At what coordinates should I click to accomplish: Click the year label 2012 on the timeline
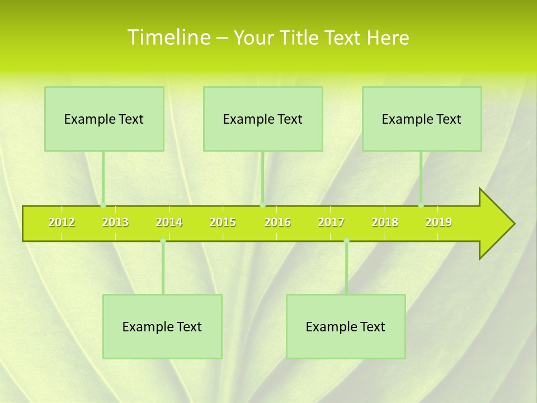62,223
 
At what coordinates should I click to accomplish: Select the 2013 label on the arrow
115,223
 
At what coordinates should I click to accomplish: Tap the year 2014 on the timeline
169,223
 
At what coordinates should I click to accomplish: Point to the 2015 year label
223,223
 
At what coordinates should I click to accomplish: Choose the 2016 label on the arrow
277,223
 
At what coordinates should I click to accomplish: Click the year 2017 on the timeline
331,223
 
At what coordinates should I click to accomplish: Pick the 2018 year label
385,223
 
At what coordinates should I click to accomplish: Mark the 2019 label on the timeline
439,223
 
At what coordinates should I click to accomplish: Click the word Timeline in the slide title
168,38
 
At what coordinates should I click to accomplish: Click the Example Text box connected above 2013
104,119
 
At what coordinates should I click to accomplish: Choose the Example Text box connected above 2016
263,119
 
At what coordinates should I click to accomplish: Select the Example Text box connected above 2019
422,119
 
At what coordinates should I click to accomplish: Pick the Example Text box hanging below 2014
162,326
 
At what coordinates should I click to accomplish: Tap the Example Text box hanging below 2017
346,326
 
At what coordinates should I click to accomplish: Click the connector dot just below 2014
163,241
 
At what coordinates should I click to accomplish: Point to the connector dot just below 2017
346,241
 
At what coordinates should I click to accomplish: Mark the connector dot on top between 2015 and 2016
262,205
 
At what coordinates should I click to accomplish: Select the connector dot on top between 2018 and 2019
421,205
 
